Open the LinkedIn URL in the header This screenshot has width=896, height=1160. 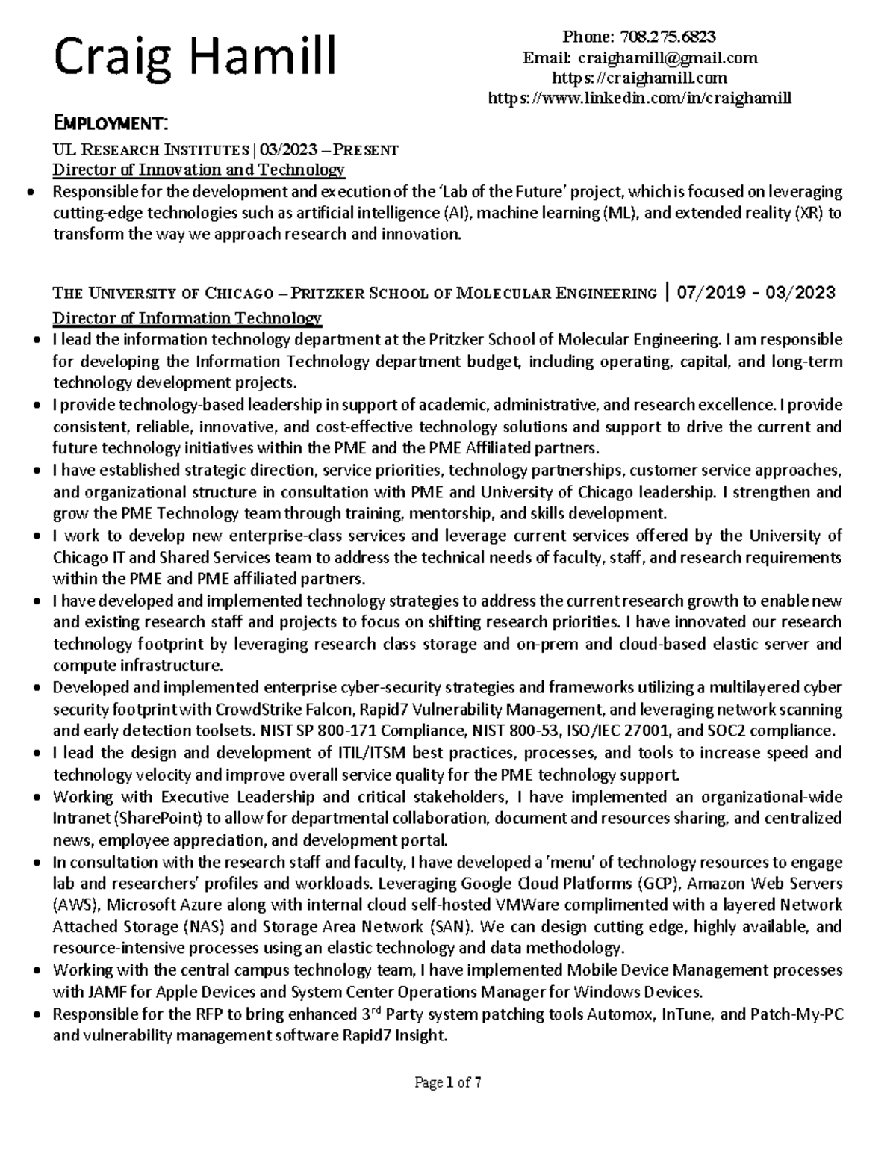coord(639,98)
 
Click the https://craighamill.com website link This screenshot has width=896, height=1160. coord(638,78)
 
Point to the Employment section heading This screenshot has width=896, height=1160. coord(111,122)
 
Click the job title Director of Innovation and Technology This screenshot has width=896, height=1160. coord(198,170)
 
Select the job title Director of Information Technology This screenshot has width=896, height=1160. coord(187,319)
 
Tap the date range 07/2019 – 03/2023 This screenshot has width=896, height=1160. coord(756,292)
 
